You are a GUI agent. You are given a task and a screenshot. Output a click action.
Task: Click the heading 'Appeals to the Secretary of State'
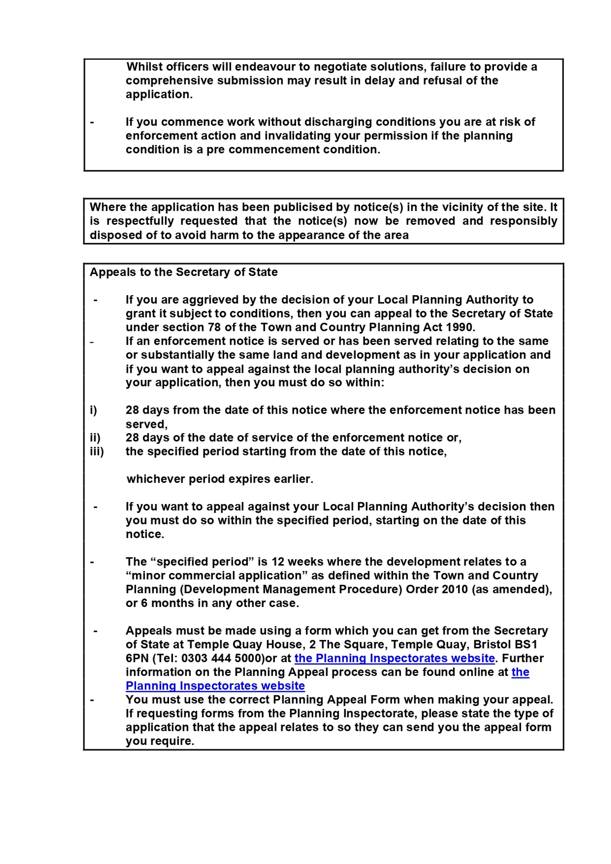(184, 272)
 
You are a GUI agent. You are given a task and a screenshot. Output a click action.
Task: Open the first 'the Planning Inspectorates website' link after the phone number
(394, 658)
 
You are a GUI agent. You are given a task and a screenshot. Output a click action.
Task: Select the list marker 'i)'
(93, 410)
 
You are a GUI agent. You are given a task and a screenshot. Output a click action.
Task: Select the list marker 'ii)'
(95, 438)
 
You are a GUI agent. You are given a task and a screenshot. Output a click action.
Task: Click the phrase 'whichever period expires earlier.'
(220, 479)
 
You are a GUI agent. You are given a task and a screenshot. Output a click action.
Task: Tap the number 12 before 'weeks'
(278, 561)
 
